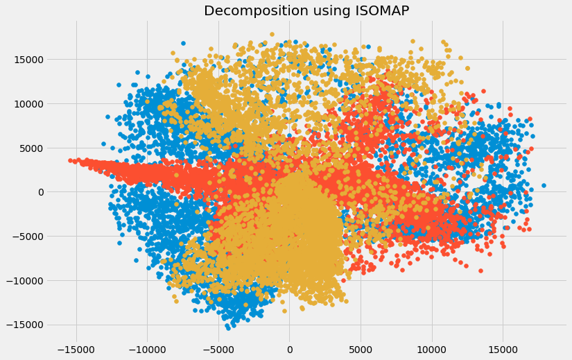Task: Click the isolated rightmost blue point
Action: (x=544, y=185)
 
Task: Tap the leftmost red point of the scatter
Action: (x=70, y=160)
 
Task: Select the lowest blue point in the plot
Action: (x=228, y=327)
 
